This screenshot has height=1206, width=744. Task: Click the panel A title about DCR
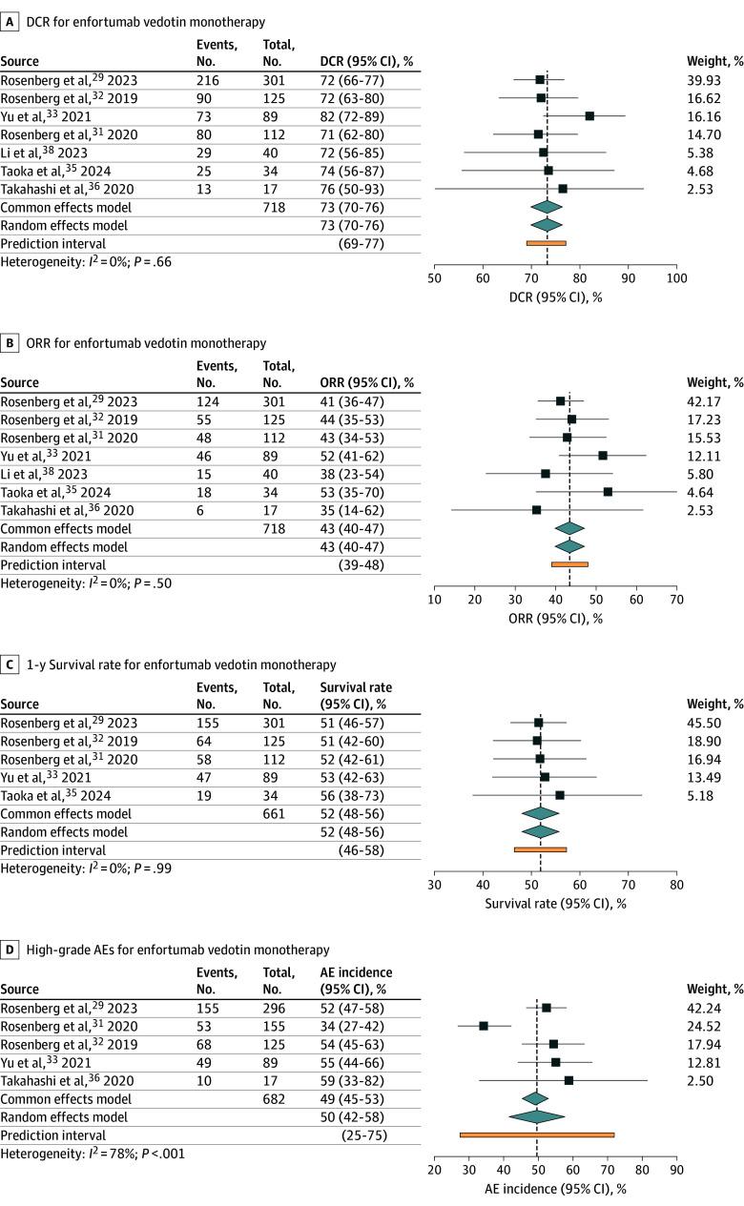click(x=134, y=21)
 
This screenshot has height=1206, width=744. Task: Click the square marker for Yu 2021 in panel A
click(x=589, y=115)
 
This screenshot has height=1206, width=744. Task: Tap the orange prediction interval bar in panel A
click(x=546, y=243)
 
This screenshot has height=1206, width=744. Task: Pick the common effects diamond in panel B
click(x=569, y=528)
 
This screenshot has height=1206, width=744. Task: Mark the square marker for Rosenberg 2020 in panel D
click(x=484, y=1026)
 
